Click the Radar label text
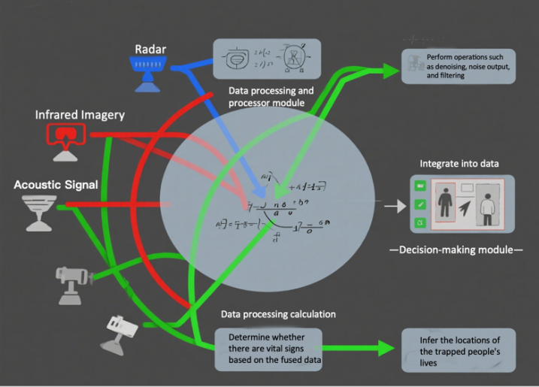[150, 50]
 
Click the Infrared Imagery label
[80, 115]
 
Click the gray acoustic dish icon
[35, 210]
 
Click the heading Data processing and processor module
[271, 95]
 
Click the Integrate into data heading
[459, 163]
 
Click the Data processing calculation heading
[278, 313]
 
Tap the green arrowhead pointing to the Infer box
[385, 348]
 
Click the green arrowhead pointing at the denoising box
[390, 71]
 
